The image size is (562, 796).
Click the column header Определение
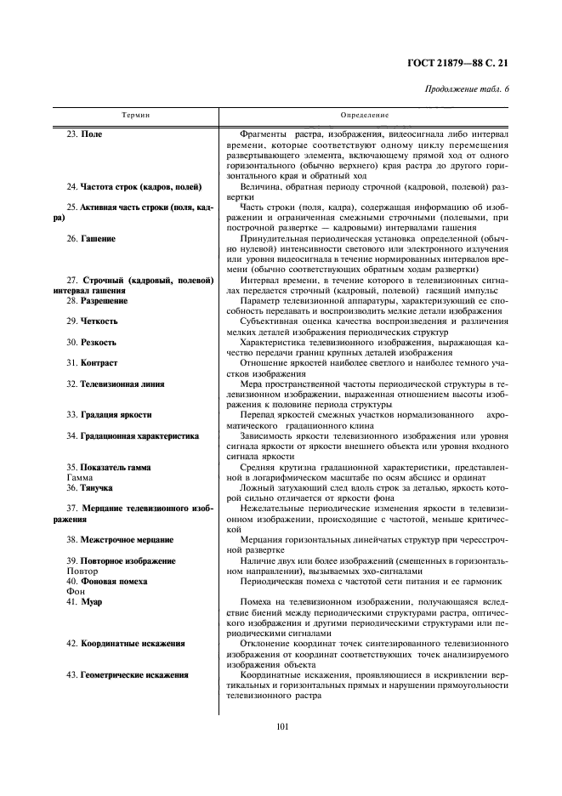point(365,113)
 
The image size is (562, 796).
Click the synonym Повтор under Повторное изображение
point(70,571)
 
